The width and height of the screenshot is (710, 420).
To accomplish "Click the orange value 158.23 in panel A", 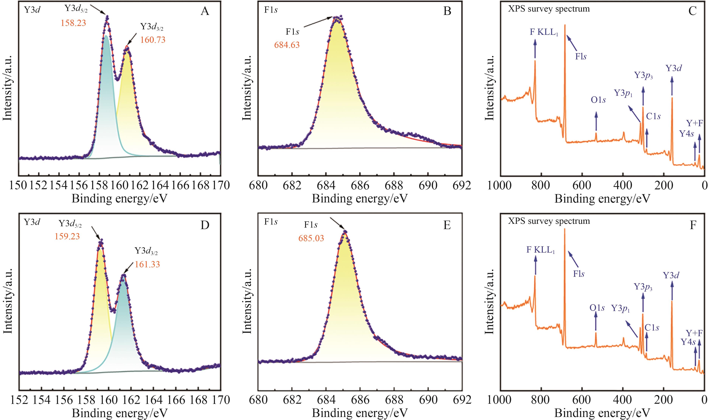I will pos(73,23).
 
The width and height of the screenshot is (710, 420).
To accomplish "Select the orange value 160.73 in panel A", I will pos(153,40).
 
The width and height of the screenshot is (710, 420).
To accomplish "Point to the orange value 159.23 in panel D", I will pos(67,236).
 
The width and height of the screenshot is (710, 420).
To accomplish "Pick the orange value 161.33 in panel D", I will pos(147,264).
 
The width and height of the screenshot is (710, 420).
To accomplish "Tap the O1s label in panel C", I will pos(598,100).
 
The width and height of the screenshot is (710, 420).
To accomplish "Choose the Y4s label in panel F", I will pos(688,342).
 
